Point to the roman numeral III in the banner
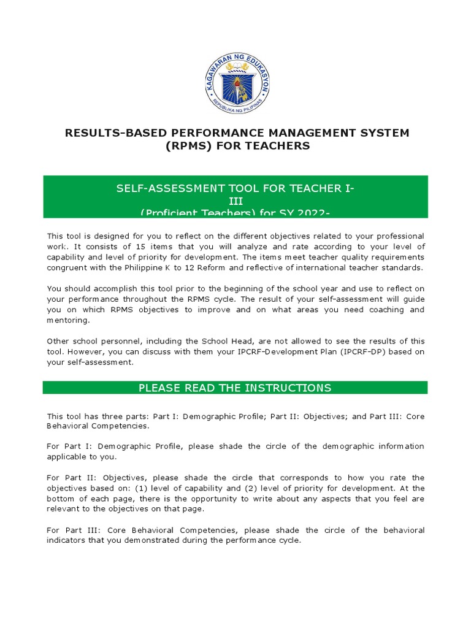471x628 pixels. (235, 201)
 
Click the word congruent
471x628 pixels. (67, 268)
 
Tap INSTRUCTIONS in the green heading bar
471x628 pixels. (288, 388)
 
